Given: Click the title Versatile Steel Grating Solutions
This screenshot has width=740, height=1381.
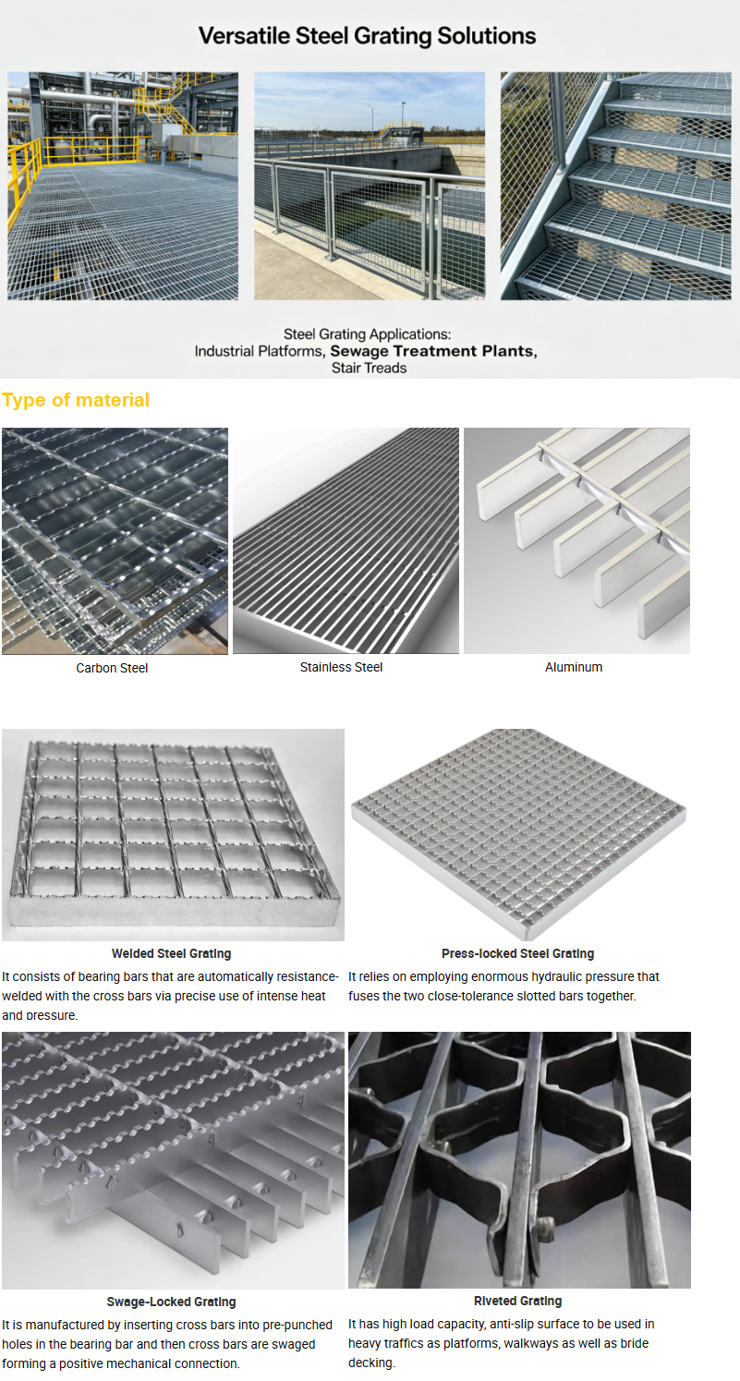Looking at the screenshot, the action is [367, 36].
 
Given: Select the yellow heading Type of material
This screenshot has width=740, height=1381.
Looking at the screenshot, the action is [75, 400].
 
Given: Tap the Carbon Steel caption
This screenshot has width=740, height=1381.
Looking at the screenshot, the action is [112, 668].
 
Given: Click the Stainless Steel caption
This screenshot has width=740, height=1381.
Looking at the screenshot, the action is [341, 667].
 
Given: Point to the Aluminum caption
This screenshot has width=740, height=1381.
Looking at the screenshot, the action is [574, 667].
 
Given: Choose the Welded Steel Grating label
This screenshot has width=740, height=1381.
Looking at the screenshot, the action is [172, 953].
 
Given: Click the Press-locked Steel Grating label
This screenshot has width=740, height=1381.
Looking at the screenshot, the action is [518, 953].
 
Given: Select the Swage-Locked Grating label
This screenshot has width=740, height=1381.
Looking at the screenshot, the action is [172, 1302].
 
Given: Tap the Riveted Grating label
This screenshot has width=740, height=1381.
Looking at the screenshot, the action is [518, 1301].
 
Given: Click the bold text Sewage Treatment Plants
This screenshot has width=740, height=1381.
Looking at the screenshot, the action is [433, 351].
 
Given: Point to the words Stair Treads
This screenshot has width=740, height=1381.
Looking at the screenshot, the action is [369, 368].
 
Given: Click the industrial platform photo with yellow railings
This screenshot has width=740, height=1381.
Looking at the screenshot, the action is [123, 187].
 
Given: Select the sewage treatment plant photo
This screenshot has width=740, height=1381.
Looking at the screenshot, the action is [370, 187].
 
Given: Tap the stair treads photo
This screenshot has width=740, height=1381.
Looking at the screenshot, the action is [615, 187].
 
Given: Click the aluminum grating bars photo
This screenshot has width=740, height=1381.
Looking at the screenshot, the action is [576, 540].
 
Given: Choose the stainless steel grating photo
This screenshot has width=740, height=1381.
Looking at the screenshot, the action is [346, 540].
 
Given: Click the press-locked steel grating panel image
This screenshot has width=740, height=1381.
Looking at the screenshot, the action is [518, 833].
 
